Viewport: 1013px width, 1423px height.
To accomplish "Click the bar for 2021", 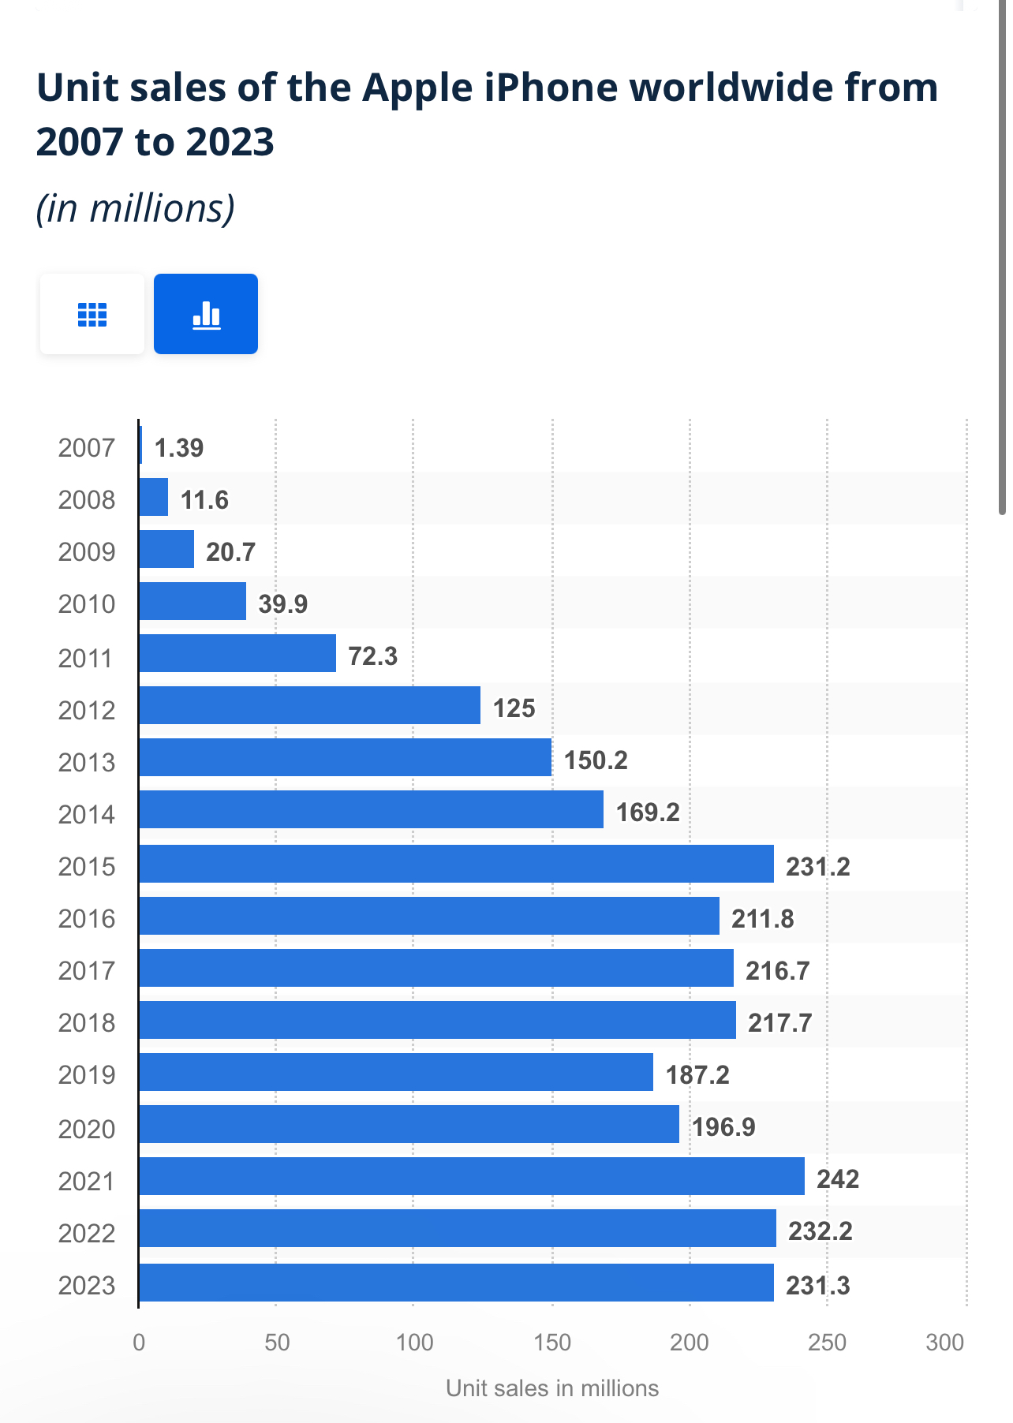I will (472, 1176).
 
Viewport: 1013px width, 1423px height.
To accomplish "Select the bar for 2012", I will (309, 705).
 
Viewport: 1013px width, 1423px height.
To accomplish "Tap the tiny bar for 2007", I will (140, 445).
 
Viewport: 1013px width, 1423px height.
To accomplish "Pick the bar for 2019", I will (396, 1072).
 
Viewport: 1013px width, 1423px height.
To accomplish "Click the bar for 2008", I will (154, 497).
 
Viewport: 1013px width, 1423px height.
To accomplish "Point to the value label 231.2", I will (818, 867).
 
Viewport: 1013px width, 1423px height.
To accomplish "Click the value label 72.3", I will (373, 655).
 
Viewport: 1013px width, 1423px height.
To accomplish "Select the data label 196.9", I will (723, 1126).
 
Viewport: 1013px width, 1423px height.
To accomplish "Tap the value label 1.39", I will (179, 448).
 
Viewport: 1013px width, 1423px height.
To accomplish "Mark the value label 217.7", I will (780, 1022).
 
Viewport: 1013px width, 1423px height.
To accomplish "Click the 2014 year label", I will (87, 814).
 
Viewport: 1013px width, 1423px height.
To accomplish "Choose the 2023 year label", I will (87, 1286).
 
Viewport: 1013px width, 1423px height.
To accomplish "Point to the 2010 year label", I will (87, 604).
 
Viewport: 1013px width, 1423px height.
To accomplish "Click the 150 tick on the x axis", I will (552, 1343).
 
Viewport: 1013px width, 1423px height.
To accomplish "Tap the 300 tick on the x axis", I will (945, 1343).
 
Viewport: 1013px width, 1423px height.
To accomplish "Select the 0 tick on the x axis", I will (139, 1343).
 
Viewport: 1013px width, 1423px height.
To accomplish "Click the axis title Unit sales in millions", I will (552, 1388).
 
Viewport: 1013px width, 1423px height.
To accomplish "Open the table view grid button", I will (92, 314).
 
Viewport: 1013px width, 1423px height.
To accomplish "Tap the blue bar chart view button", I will (206, 314).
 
